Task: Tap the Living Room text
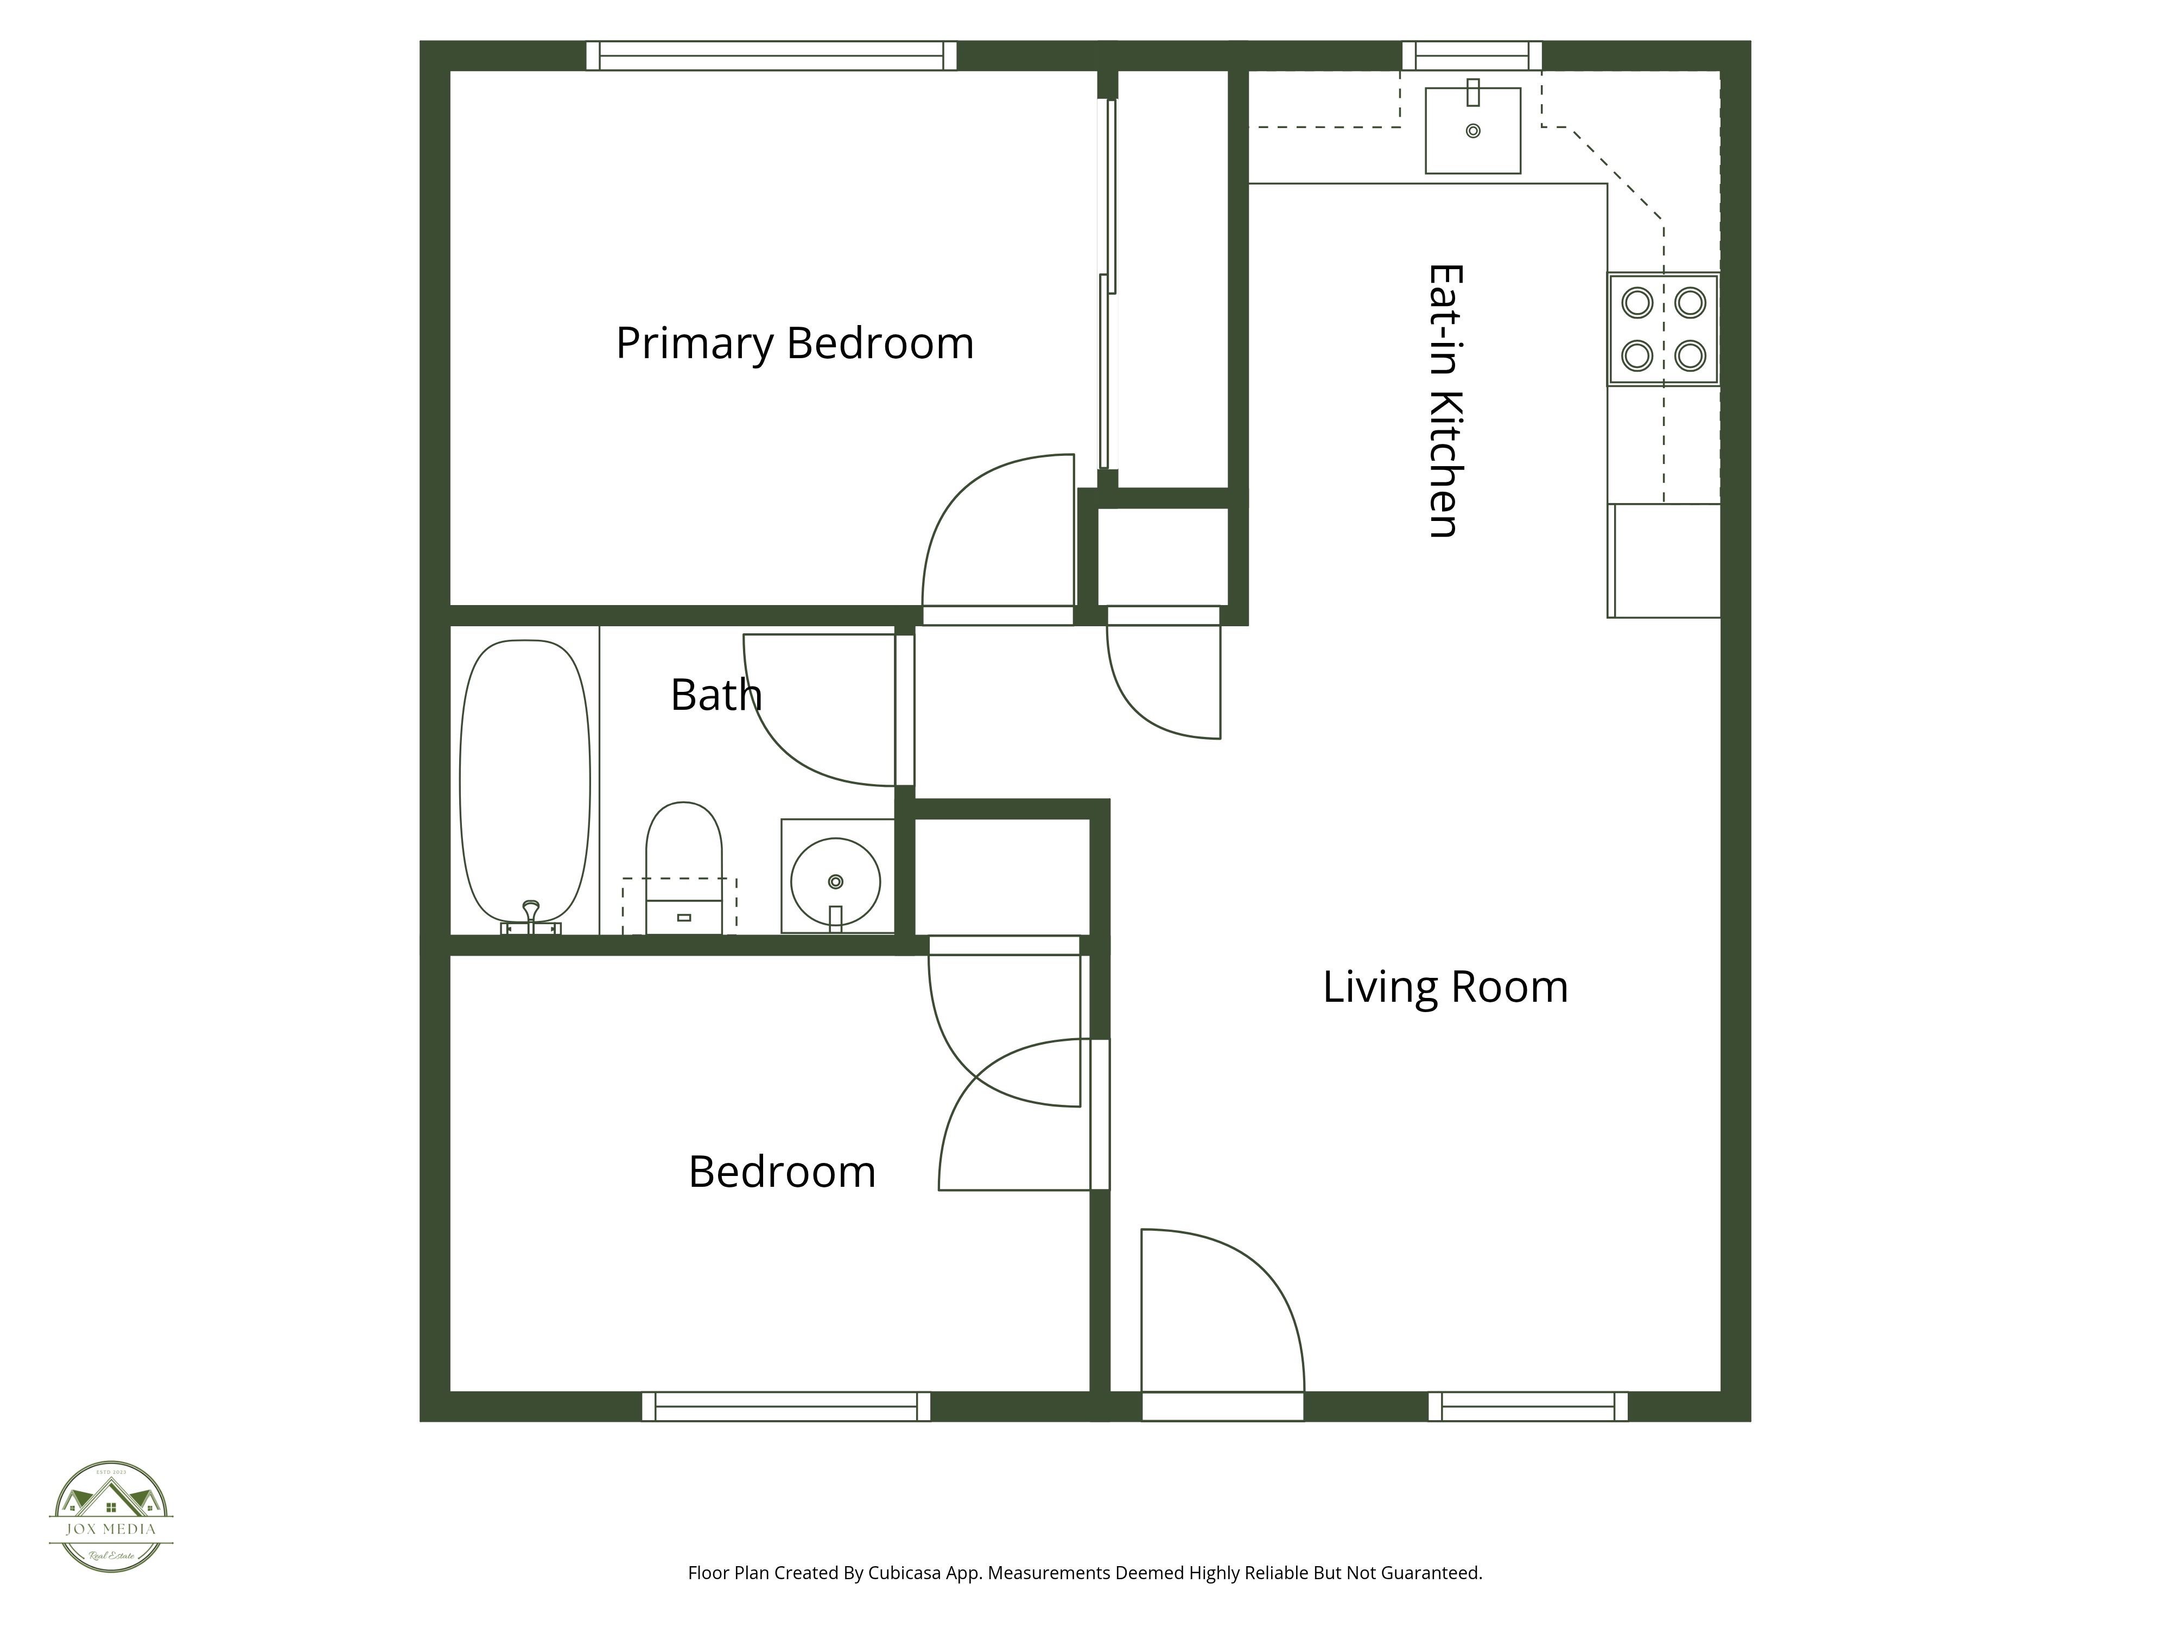[x=1445, y=987]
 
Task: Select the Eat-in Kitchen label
[x=1445, y=400]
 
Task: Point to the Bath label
[x=715, y=696]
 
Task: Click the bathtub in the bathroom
[x=525, y=780]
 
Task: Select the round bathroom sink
[x=835, y=881]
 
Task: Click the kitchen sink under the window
[x=1472, y=131]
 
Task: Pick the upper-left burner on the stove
[x=1637, y=302]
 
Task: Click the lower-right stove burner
[x=1690, y=355]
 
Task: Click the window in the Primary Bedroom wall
[x=771, y=56]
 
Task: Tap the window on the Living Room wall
[x=1527, y=1406]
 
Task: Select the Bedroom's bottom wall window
[x=785, y=1406]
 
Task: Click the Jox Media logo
[x=111, y=1516]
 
